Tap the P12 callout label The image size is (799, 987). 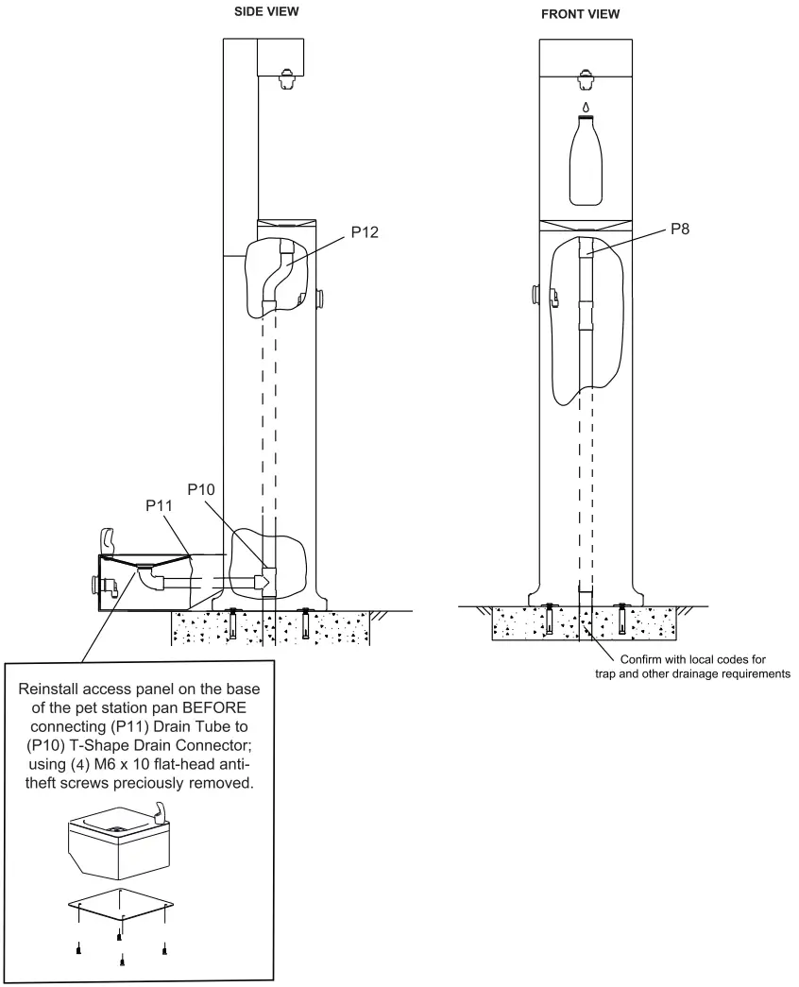coord(365,234)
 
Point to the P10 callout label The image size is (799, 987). coord(202,489)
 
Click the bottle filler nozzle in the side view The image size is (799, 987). coord(285,79)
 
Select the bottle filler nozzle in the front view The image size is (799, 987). coord(586,79)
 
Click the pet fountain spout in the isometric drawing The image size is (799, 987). coord(162,811)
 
